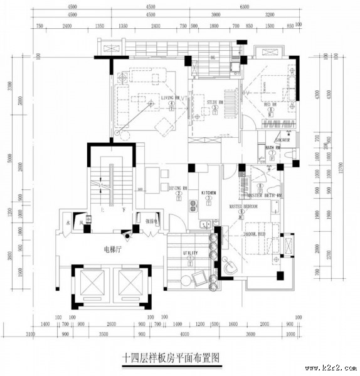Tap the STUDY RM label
click(x=215, y=102)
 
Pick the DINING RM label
click(x=178, y=188)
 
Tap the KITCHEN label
click(x=208, y=192)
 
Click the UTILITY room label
click(x=190, y=253)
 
